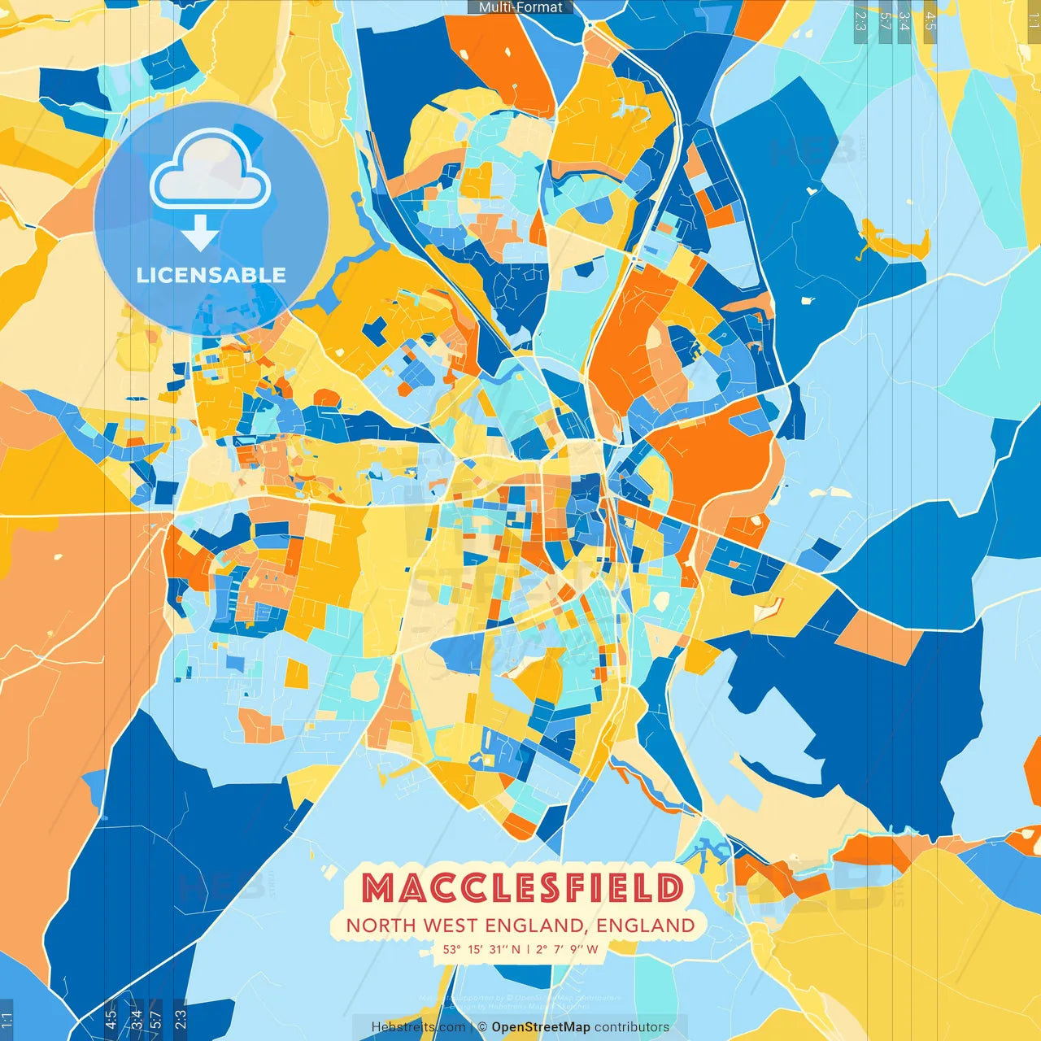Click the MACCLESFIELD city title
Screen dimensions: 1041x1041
point(521,888)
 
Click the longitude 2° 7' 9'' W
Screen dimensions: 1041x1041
point(566,949)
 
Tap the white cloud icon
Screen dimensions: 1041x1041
point(211,172)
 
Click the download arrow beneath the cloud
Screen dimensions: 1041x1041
point(200,234)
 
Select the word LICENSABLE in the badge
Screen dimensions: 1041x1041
point(211,275)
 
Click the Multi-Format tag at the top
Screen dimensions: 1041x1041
point(520,7)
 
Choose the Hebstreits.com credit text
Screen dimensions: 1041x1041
point(418,1027)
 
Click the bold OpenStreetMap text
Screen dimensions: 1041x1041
point(541,1027)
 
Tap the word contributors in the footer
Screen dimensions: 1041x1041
point(632,1027)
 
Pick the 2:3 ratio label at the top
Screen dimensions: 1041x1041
point(860,21)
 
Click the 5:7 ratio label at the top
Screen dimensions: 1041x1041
point(886,21)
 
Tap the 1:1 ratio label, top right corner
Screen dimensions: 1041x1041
point(1033,21)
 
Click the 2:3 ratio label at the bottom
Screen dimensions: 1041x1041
point(181,1018)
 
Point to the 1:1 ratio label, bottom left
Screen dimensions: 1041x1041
point(7,1020)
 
